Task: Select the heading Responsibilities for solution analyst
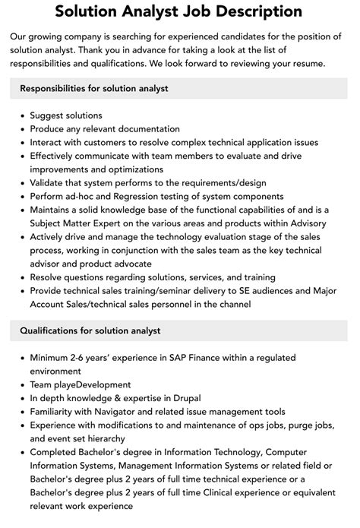[x=94, y=88]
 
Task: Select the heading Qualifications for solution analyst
[x=90, y=330]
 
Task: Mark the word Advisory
[x=302, y=223]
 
